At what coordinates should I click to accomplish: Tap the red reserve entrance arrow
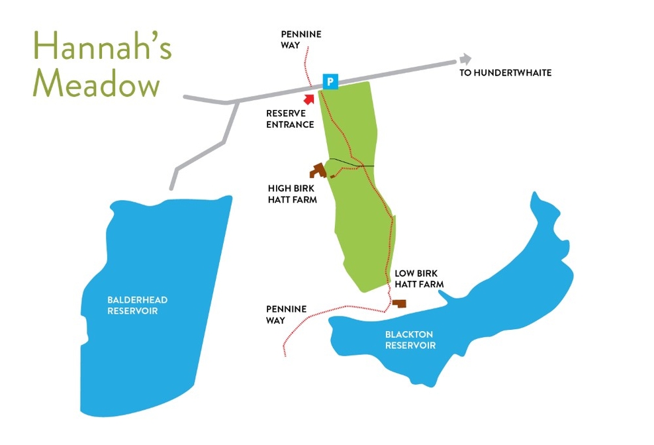[308, 98]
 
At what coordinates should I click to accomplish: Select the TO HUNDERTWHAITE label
[506, 73]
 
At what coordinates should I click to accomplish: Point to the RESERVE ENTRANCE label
[290, 119]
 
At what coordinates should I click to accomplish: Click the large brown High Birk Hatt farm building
[319, 170]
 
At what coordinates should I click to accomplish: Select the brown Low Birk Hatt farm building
[399, 303]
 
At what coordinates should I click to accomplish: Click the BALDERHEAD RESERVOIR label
[138, 305]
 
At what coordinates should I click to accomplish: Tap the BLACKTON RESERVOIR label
[410, 340]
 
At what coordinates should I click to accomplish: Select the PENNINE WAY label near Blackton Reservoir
[286, 315]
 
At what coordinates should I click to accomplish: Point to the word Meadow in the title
[97, 85]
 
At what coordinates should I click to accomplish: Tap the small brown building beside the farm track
[332, 176]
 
